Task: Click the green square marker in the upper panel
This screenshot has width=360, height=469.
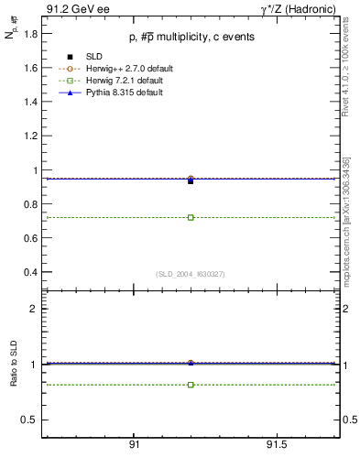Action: point(191,217)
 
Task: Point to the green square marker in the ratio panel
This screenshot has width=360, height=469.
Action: point(191,385)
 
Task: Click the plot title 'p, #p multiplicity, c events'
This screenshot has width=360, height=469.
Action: point(190,37)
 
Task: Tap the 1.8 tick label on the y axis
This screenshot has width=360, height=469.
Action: point(29,34)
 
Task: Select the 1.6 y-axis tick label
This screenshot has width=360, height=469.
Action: point(29,68)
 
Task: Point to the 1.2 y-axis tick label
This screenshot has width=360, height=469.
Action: point(29,136)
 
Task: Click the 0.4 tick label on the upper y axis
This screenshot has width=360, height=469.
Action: point(29,272)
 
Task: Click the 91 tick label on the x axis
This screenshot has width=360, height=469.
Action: point(134,443)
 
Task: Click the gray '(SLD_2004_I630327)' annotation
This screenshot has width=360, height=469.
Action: point(190,274)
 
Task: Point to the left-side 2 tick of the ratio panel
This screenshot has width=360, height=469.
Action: point(34,309)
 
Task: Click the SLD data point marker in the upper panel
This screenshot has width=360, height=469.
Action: point(191,181)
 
